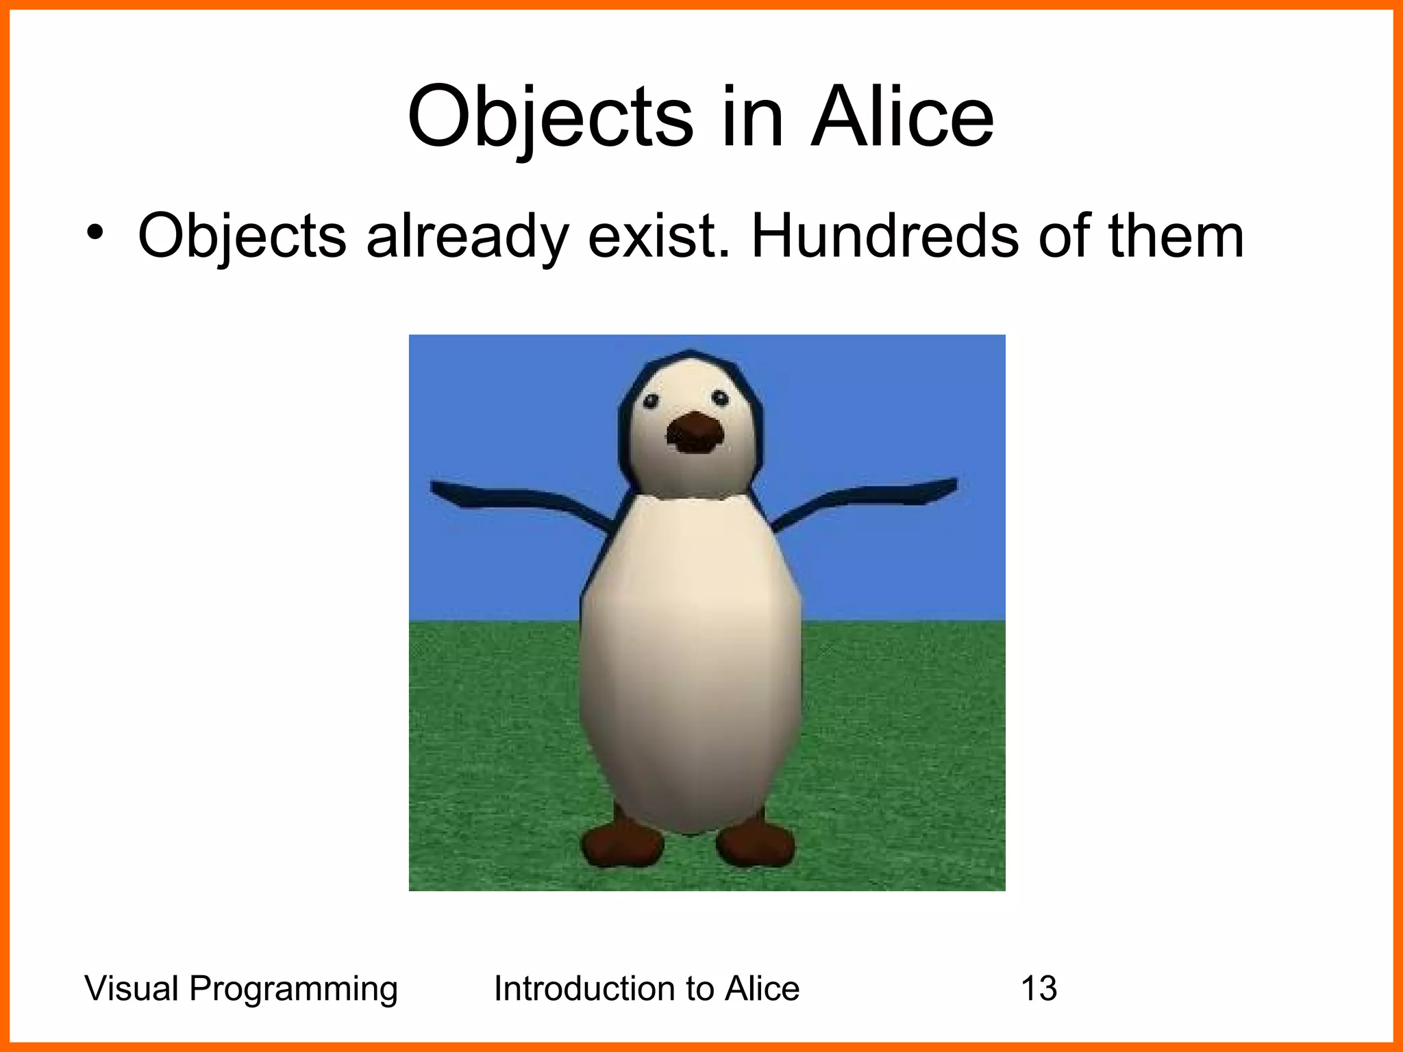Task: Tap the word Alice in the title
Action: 902,118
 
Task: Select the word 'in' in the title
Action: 752,118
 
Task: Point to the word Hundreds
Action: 884,236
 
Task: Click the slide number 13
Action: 1039,988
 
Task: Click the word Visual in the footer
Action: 132,988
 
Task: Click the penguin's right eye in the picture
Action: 720,397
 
